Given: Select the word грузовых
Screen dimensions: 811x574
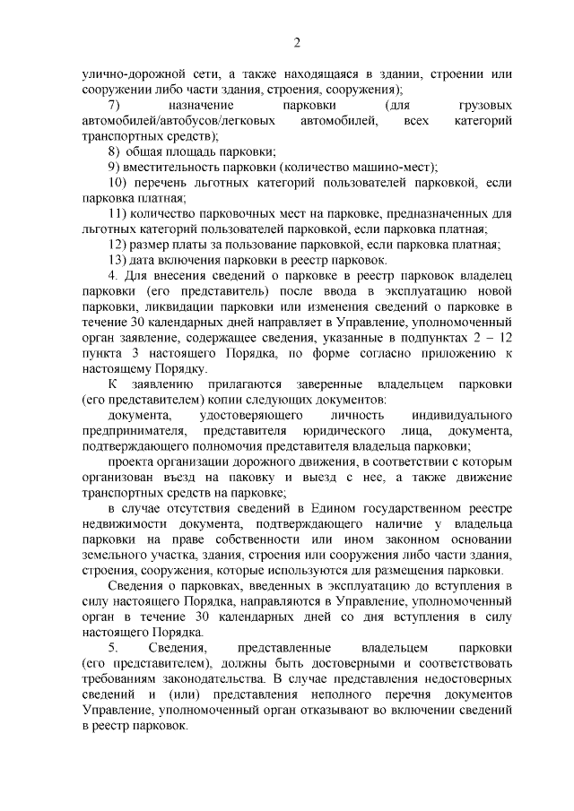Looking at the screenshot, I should (x=484, y=105).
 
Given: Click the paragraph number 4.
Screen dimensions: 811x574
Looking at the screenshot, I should (x=112, y=275).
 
